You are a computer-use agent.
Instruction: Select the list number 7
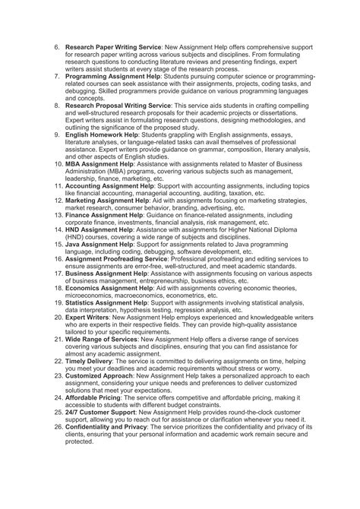[57, 77]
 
